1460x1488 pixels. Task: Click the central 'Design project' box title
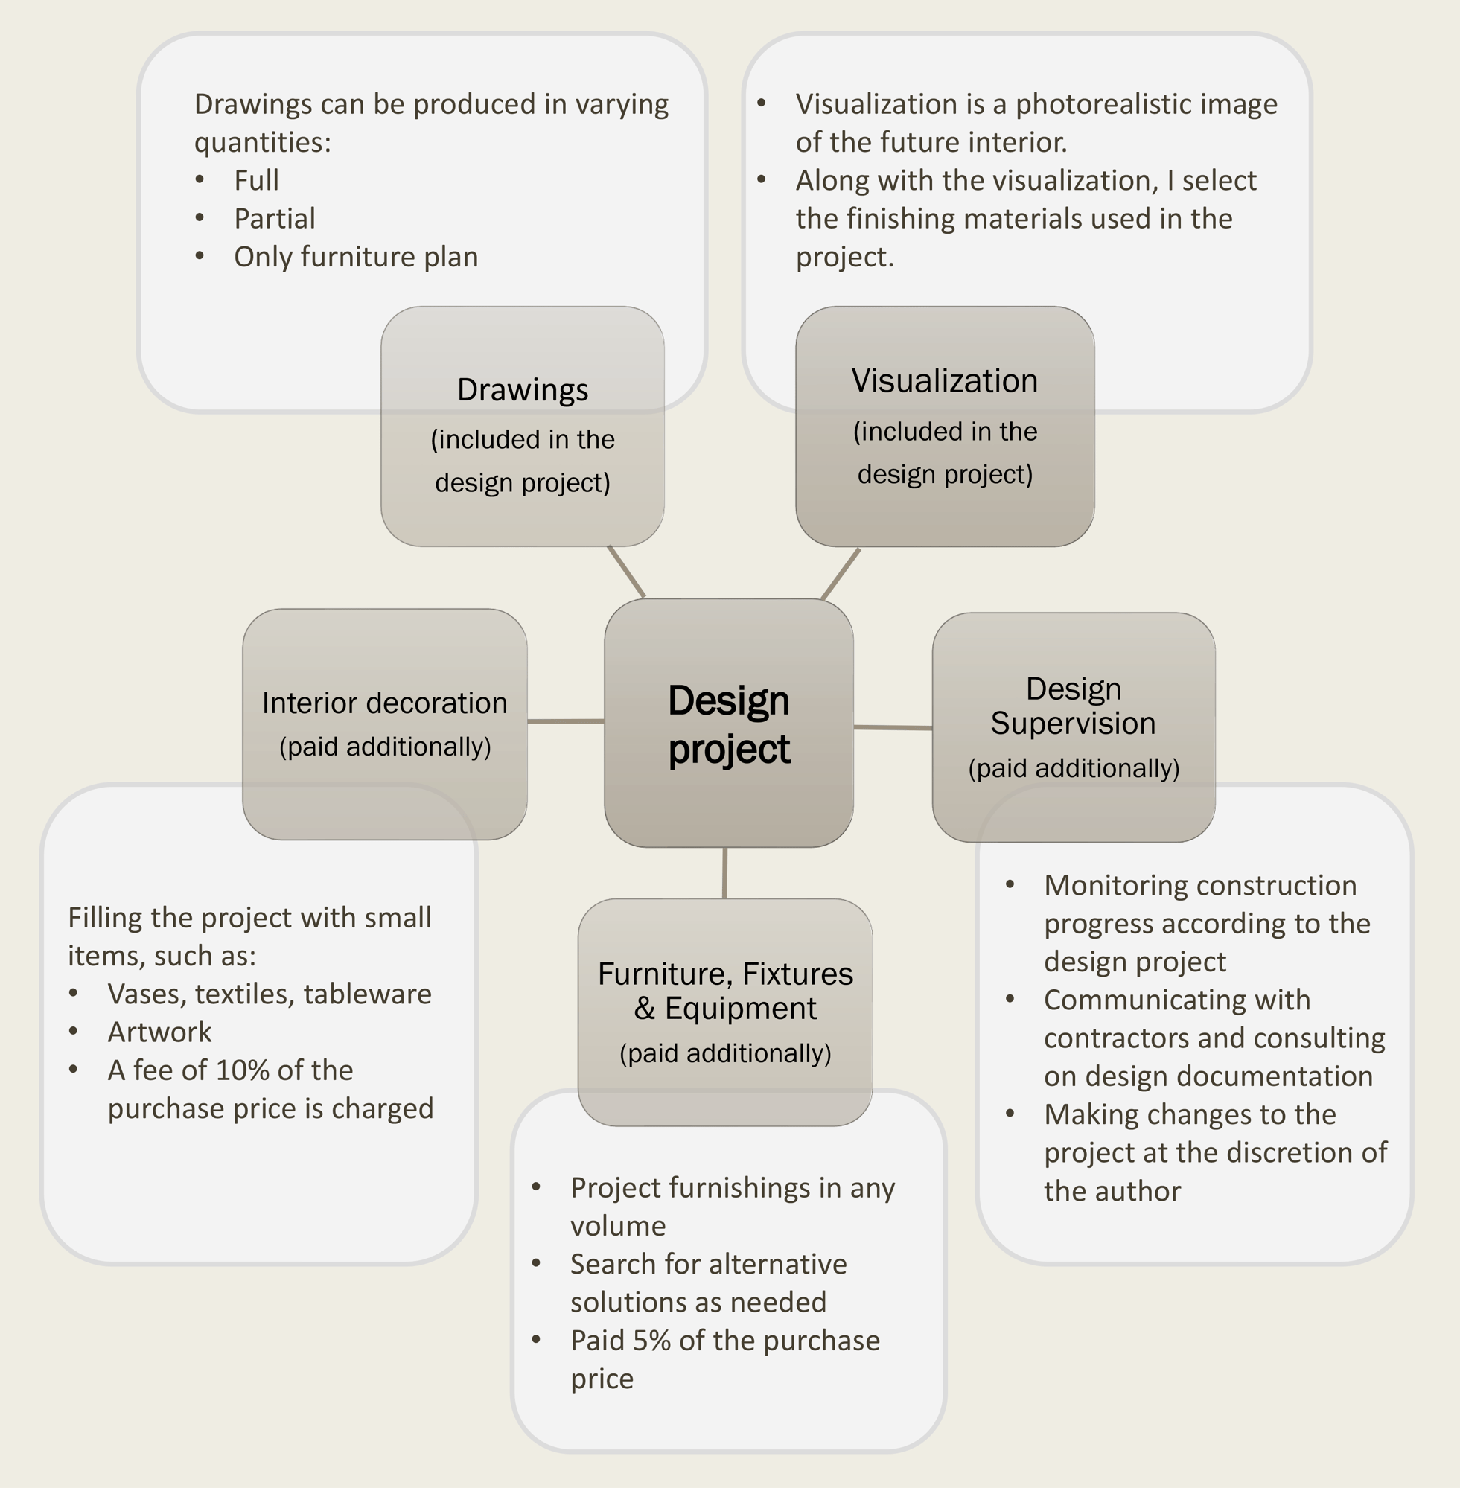pyautogui.click(x=728, y=724)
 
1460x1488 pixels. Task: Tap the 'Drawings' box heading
pyautogui.click(x=522, y=389)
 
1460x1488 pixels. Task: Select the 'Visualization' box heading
pyautogui.click(x=944, y=381)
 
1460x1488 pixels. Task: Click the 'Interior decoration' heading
pyautogui.click(x=384, y=703)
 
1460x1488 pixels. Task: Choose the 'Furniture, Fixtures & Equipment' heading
pyautogui.click(x=724, y=991)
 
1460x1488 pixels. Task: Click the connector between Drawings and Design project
pyautogui.click(x=626, y=571)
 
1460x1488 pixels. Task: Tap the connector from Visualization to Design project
pyautogui.click(x=841, y=573)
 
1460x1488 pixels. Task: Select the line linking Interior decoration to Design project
pyautogui.click(x=565, y=721)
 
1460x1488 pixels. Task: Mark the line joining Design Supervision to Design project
pyautogui.click(x=893, y=727)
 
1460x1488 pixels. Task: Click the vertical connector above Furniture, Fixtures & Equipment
pyautogui.click(x=724, y=872)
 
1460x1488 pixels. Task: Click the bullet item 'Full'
pyautogui.click(x=256, y=180)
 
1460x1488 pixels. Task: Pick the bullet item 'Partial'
pyautogui.click(x=275, y=219)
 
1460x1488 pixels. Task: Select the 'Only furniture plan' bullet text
pyautogui.click(x=356, y=257)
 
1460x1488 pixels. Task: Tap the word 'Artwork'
pyautogui.click(x=159, y=1032)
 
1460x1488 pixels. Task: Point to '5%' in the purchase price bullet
pyautogui.click(x=651, y=1341)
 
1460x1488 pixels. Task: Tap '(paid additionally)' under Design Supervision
pyautogui.click(x=1074, y=768)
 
